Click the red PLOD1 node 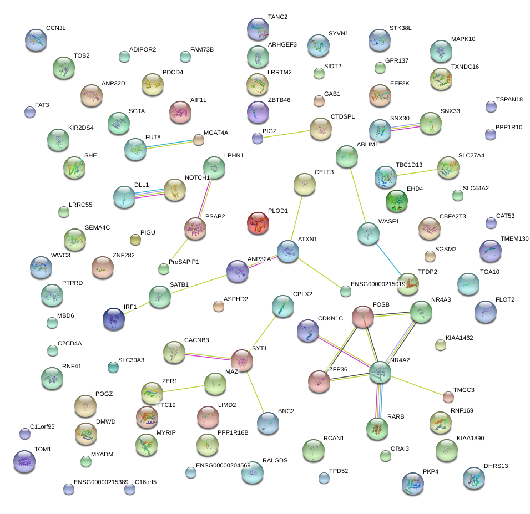258,223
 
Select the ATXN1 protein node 288,251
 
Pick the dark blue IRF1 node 114,318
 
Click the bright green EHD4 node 397,201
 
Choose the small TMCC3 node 448,396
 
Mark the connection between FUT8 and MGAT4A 169,143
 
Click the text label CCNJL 56,28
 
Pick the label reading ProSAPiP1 184,261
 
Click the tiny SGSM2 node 430,256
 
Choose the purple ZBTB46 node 258,111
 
